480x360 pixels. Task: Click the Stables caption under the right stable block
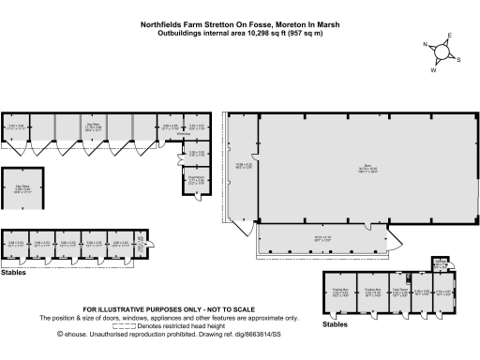click(335, 323)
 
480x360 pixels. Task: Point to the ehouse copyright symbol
click(60, 333)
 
